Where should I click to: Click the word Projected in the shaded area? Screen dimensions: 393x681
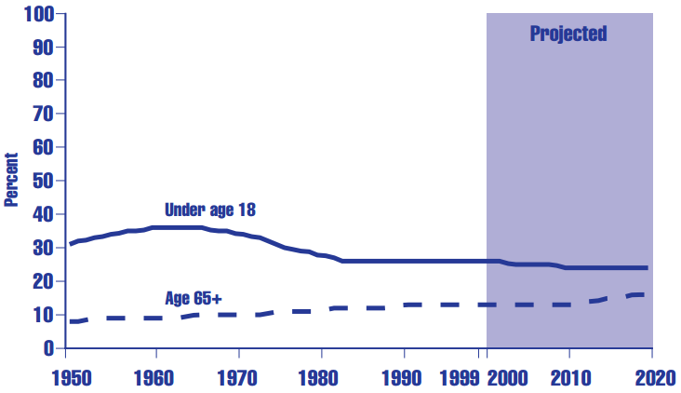[568, 34]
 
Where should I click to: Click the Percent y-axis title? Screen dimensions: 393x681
[12, 180]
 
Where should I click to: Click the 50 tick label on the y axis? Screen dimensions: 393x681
[42, 181]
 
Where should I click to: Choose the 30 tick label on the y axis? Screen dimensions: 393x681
[42, 248]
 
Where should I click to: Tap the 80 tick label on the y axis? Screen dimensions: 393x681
[42, 80]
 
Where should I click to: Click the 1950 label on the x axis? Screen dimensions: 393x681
[66, 378]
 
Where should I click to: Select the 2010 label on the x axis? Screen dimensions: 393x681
[568, 378]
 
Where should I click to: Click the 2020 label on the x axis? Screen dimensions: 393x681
[651, 378]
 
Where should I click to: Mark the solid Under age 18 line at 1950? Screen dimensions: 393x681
[71, 244]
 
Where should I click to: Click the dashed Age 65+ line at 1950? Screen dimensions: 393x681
[71, 321]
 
